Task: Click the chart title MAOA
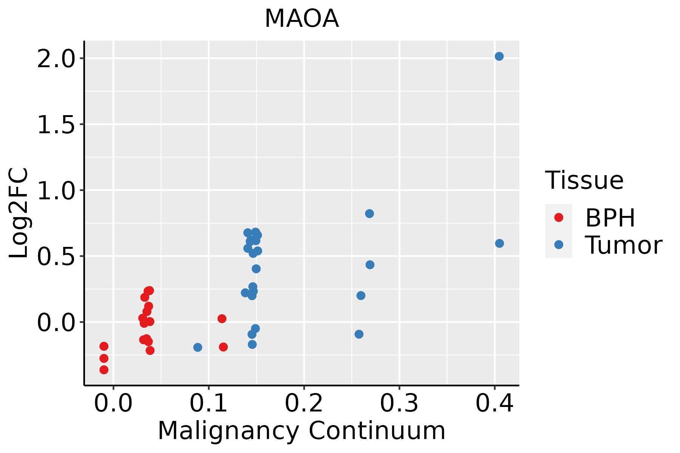pyautogui.click(x=301, y=19)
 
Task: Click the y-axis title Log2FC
pyautogui.click(x=19, y=213)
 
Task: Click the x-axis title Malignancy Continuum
pyautogui.click(x=301, y=431)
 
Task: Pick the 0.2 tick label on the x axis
pyautogui.click(x=304, y=404)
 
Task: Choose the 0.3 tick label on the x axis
pyautogui.click(x=399, y=404)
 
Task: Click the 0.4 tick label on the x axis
pyautogui.click(x=494, y=404)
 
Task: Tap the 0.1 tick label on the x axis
pyautogui.click(x=209, y=404)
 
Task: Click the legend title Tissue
pyautogui.click(x=584, y=180)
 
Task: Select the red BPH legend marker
pyautogui.click(x=558, y=217)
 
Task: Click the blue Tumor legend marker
pyautogui.click(x=558, y=245)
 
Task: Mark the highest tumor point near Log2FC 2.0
pyautogui.click(x=499, y=56)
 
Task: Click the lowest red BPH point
pyautogui.click(x=104, y=370)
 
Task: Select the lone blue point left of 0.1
pyautogui.click(x=198, y=347)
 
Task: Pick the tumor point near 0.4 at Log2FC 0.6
pyautogui.click(x=499, y=243)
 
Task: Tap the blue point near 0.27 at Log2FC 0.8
pyautogui.click(x=369, y=214)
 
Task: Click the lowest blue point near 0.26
pyautogui.click(x=359, y=334)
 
